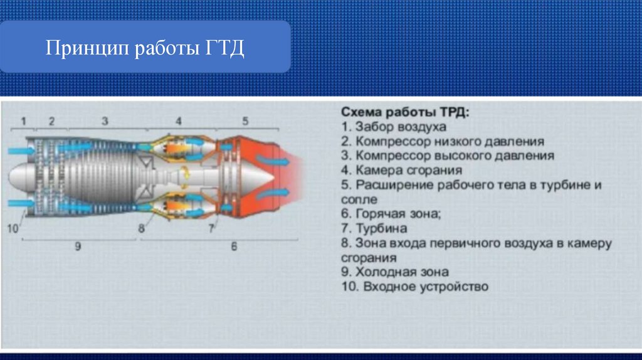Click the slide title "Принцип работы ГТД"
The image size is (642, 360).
[145, 48]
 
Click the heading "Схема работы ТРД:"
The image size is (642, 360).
[405, 112]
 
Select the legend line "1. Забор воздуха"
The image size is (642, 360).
[394, 127]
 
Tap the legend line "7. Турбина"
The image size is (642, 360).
[374, 228]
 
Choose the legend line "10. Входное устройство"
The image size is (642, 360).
[415, 286]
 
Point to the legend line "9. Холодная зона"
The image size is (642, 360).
[395, 272]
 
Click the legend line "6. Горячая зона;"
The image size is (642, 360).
[391, 213]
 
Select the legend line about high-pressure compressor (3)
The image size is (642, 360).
[448, 156]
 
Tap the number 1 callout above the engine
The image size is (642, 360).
[23, 121]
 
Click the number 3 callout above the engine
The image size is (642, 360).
[105, 121]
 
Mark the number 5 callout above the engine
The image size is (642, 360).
[245, 121]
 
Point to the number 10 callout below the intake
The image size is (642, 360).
[13, 228]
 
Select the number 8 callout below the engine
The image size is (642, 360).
[141, 228]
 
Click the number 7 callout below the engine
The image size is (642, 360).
[211, 228]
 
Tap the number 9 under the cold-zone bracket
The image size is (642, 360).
[78, 246]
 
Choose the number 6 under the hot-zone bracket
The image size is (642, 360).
[234, 246]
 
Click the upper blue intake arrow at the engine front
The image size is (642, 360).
[21, 151]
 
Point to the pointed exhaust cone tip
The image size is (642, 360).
[273, 177]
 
